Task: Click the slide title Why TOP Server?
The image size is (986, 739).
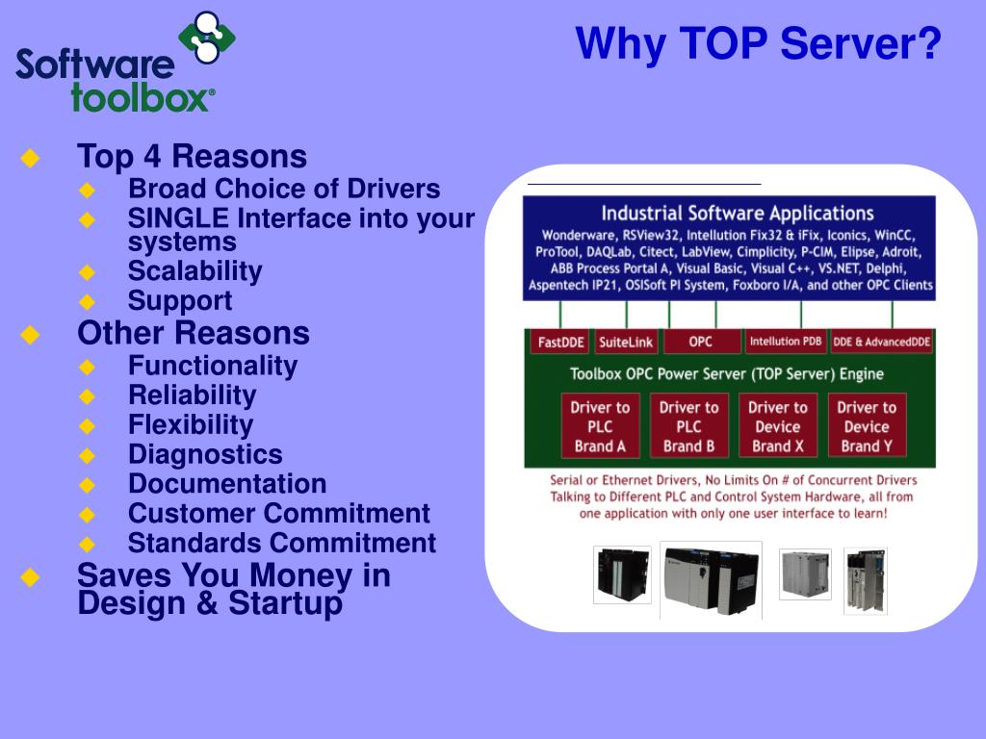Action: click(758, 44)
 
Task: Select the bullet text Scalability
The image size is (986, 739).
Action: click(195, 271)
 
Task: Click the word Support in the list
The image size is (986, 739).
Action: click(180, 300)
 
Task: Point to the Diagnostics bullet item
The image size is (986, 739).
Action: click(205, 454)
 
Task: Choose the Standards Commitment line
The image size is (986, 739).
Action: click(281, 543)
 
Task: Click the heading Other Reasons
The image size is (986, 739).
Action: click(193, 334)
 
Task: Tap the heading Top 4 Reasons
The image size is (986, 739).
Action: click(192, 157)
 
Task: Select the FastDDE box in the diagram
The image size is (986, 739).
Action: click(560, 342)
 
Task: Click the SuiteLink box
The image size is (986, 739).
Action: click(625, 342)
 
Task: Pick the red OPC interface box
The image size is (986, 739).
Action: click(701, 342)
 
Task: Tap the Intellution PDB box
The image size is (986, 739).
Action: click(786, 342)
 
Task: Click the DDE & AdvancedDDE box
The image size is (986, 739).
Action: click(881, 342)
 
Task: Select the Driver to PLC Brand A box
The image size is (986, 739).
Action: click(600, 425)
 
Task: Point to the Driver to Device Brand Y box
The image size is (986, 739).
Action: click(866, 425)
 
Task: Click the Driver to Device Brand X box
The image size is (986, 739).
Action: click(777, 425)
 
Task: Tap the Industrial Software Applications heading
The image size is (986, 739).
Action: click(737, 213)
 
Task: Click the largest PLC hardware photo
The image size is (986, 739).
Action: click(711, 578)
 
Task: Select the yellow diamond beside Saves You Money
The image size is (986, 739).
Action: click(30, 576)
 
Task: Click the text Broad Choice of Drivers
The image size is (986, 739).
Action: click(284, 189)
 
